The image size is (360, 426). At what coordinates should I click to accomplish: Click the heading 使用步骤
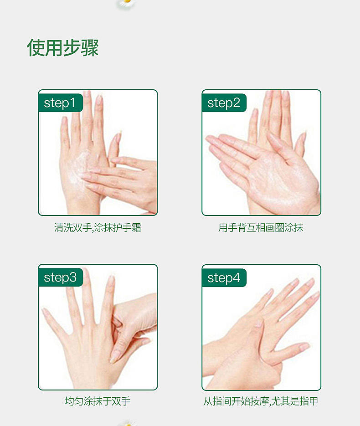click(x=63, y=48)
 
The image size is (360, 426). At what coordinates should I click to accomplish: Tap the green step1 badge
click(x=60, y=103)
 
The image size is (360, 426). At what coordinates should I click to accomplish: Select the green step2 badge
click(x=224, y=103)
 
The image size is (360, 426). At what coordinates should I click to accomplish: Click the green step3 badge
click(x=60, y=277)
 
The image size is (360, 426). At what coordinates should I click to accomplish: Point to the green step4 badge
click(x=224, y=277)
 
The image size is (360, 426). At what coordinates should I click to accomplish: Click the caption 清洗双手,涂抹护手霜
click(x=98, y=228)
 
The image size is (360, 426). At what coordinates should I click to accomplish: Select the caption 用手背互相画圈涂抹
click(x=261, y=228)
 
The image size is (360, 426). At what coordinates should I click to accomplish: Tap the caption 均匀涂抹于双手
click(x=98, y=401)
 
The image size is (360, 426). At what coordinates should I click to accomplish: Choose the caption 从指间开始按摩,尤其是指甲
click(x=261, y=401)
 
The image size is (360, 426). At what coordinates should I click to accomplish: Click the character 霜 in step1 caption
click(x=136, y=228)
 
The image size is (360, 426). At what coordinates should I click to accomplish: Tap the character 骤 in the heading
click(x=90, y=48)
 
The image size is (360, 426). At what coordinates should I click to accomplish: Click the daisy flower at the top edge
click(x=127, y=3)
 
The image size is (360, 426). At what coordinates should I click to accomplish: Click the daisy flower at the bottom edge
click(x=127, y=423)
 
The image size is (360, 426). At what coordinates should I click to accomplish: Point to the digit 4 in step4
click(x=236, y=277)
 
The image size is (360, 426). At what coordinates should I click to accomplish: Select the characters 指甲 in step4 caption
click(x=309, y=401)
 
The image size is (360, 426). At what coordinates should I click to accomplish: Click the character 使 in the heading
click(x=36, y=48)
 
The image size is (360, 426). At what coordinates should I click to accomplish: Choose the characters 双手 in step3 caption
click(x=121, y=401)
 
